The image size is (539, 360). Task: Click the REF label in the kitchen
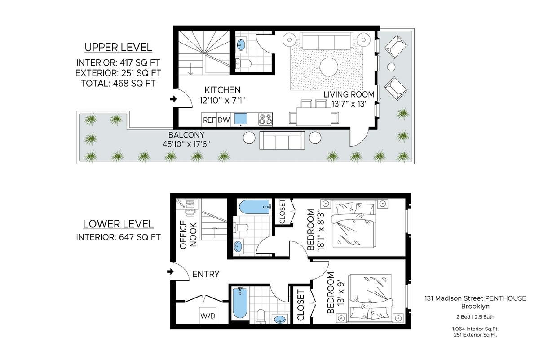[x=209, y=120]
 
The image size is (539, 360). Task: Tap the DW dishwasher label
[x=224, y=120]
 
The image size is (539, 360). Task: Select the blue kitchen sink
[x=241, y=119]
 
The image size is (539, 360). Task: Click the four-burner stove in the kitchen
[x=265, y=120]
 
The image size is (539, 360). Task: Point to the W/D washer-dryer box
[x=208, y=316]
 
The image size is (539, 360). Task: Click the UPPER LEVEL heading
[x=118, y=48]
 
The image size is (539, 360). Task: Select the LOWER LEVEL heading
[x=118, y=224]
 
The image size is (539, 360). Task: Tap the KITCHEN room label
[x=222, y=90]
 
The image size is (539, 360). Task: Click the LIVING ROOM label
[x=349, y=94]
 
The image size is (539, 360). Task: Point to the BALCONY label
[x=186, y=135]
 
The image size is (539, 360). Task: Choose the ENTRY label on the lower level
[x=206, y=274]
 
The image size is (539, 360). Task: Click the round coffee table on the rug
[x=329, y=67]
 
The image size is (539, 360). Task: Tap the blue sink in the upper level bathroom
[x=241, y=44]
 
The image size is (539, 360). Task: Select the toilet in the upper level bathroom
[x=243, y=63]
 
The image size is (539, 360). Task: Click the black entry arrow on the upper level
[x=173, y=99]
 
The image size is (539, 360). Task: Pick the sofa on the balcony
[x=282, y=140]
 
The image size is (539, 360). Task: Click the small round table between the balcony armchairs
[x=391, y=67]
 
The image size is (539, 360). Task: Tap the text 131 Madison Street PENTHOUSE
[x=475, y=298]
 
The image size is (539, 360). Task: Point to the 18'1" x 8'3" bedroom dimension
[x=321, y=231]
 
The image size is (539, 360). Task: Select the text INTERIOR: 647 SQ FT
[x=118, y=237]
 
